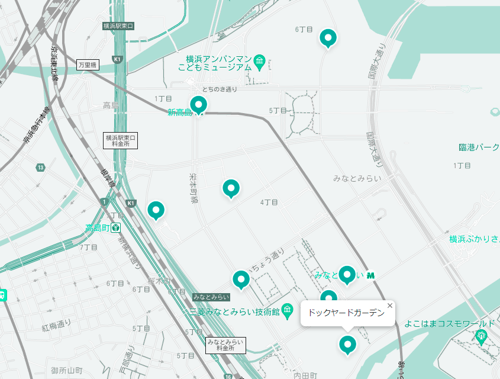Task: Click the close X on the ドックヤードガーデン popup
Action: click(389, 306)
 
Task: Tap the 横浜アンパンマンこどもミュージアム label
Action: click(215, 63)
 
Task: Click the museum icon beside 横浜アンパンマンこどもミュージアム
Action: click(260, 62)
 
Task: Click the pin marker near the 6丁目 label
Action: click(328, 38)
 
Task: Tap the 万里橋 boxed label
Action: click(88, 65)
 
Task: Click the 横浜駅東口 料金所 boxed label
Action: click(120, 140)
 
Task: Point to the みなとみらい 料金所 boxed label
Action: click(225, 345)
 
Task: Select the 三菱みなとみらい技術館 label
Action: click(234, 311)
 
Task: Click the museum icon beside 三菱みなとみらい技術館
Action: click(288, 310)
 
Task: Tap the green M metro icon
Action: click(372, 275)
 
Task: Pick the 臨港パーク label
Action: click(479, 147)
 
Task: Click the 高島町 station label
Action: click(98, 228)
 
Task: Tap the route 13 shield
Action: click(40, 168)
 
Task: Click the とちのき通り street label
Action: click(220, 89)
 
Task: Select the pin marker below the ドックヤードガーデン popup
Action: click(347, 344)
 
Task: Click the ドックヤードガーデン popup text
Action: click(346, 313)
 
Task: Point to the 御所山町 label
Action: click(67, 371)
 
